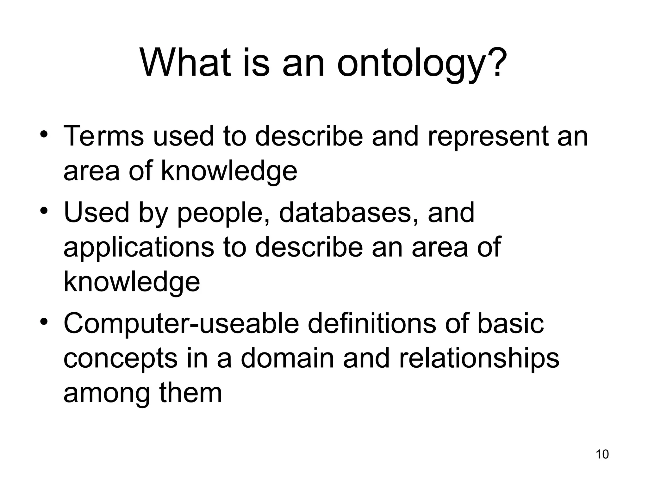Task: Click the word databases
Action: (349, 213)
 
